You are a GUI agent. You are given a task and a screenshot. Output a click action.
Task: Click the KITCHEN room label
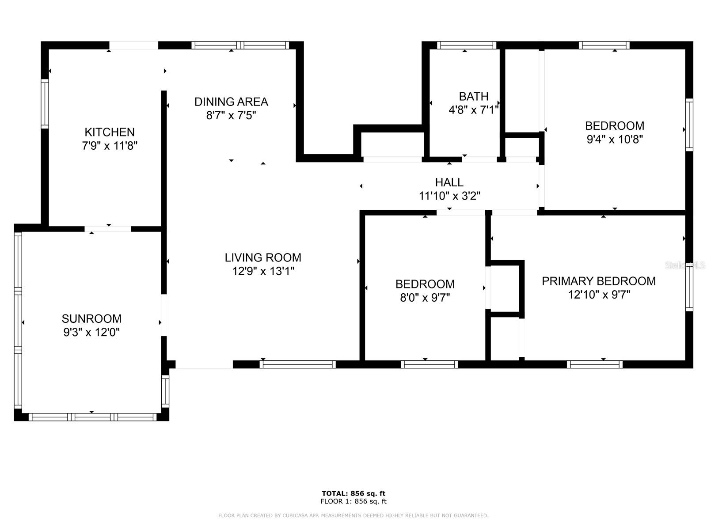[110, 132]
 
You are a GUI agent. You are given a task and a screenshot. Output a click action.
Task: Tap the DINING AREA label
[231, 102]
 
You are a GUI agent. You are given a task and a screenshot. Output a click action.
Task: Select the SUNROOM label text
[91, 319]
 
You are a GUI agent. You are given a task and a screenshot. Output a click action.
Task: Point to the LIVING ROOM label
[263, 258]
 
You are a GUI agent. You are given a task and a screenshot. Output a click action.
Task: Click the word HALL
[449, 182]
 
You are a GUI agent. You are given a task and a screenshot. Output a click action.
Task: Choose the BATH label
[474, 97]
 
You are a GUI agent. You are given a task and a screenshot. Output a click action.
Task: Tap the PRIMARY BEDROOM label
[599, 281]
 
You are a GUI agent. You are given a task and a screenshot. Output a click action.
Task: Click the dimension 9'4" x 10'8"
[615, 139]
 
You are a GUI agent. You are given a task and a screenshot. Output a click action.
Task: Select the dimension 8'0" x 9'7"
[425, 298]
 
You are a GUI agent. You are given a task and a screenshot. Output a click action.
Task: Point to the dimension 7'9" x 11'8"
[110, 146]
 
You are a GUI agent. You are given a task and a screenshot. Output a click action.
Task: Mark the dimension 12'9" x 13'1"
[263, 271]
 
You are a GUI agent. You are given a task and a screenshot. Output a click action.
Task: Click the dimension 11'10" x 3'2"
[449, 196]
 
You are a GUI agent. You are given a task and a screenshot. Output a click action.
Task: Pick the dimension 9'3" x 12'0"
[91, 332]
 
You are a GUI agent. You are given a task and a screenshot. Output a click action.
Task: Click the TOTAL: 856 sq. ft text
[353, 493]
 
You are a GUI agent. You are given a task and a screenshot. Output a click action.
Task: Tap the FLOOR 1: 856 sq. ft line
[353, 501]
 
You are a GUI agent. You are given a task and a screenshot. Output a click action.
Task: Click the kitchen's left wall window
[45, 104]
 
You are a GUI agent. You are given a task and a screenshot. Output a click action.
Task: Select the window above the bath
[466, 45]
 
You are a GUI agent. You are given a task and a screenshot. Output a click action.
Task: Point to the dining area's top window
[240, 45]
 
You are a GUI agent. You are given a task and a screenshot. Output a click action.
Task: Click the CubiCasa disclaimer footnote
[353, 515]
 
